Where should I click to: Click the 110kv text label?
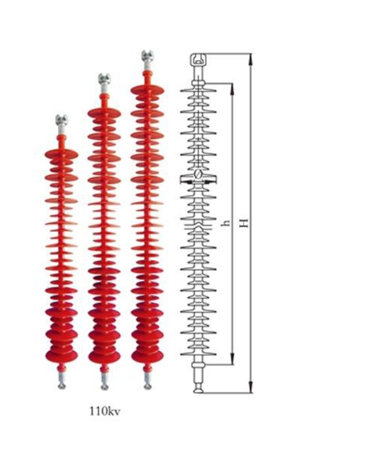coord(105,412)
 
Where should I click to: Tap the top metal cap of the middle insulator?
coord(105,79)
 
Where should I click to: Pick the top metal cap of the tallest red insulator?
coord(147,56)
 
